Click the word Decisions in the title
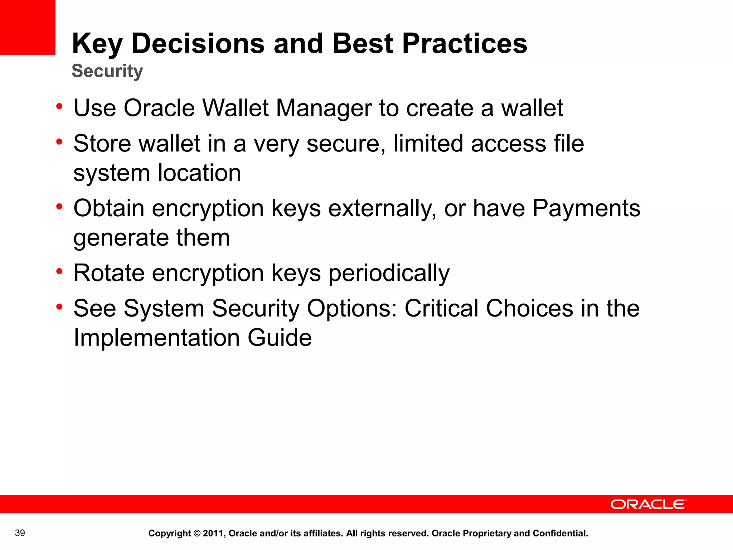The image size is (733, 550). coord(198,44)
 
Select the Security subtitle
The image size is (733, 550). coord(107,71)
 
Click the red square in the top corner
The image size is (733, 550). coord(28,27)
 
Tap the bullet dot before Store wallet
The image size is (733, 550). coord(59,142)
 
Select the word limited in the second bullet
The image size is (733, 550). coord(428,143)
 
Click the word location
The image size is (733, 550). coord(199,173)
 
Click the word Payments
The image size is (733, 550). coord(586,208)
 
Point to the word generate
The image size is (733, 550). coord(121,238)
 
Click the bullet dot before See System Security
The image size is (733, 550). coord(59,307)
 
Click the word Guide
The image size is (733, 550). coord(280,338)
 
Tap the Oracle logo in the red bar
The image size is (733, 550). coord(648,505)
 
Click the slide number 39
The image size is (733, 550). coord(20,533)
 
